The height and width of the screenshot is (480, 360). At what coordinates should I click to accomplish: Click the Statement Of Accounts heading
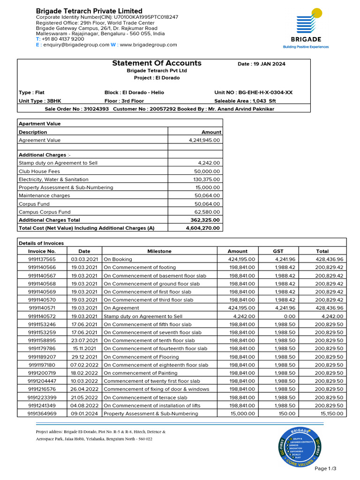point(157,63)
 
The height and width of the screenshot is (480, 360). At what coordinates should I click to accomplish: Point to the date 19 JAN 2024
point(262,64)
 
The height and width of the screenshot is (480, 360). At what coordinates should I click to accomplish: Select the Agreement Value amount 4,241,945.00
point(204,140)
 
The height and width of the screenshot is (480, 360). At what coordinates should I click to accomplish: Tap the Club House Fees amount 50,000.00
point(207,172)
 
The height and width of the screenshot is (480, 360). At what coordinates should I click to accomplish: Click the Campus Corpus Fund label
point(45,212)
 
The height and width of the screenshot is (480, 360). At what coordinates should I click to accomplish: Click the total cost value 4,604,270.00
point(203,228)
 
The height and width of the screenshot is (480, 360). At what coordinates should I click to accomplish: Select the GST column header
point(278,251)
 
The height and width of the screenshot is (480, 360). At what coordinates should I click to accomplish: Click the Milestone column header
point(159,251)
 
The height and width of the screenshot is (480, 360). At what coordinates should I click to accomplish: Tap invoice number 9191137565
point(42,259)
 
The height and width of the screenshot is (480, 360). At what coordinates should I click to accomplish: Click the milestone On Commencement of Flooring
point(141,357)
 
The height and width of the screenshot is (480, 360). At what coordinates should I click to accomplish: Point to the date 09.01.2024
point(84,414)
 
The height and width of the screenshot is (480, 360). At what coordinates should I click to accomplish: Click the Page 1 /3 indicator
point(325,469)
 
